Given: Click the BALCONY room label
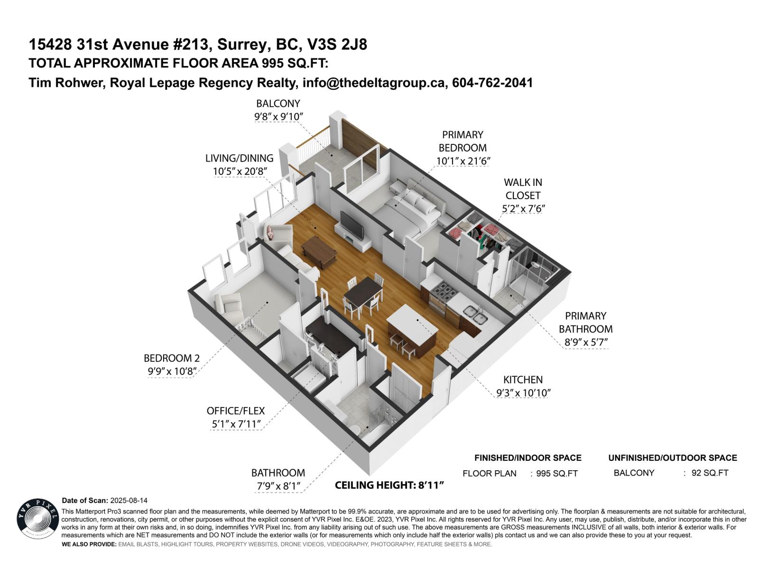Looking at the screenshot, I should (278, 104).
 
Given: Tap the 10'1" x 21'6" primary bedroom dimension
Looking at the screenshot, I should (463, 161).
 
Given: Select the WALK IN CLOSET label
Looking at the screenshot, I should (523, 189).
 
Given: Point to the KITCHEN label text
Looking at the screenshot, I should (523, 380).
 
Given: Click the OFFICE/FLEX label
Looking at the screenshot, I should (235, 411).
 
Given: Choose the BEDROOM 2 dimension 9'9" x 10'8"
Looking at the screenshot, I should (171, 371).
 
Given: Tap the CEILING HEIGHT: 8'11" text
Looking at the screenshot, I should (389, 485).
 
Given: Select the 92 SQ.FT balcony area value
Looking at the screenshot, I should (710, 473).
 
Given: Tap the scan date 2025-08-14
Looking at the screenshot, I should (129, 501).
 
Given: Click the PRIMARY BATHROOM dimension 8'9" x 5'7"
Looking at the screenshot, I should (585, 342).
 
